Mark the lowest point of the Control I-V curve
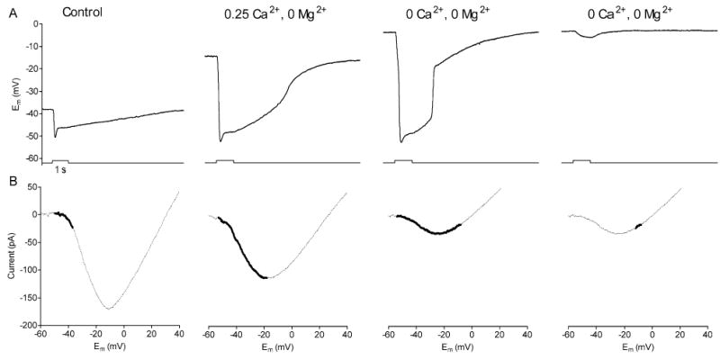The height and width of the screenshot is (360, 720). coord(109,309)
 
